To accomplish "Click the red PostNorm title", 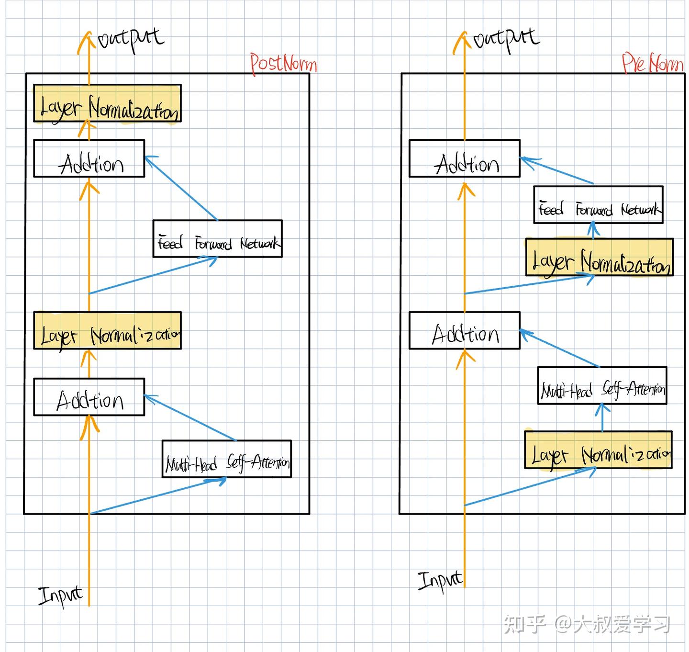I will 283,64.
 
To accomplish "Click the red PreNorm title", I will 652,63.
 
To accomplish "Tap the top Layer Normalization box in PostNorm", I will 107,103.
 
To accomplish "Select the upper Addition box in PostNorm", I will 89,158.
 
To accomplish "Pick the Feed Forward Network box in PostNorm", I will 217,239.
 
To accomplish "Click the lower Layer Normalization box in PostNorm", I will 107,331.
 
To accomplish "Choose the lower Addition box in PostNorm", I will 89,397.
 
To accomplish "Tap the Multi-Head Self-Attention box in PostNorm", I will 227,459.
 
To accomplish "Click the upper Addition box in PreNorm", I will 464,158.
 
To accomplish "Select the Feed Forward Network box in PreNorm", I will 598,205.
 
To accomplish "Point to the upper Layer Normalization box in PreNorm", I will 600,258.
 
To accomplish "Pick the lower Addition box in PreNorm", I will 464,331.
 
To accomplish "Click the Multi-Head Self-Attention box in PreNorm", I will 602,386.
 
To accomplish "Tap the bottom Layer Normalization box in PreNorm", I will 598,450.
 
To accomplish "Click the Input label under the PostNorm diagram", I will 60,596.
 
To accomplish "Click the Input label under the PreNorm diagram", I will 440,580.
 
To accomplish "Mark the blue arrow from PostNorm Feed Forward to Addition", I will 182,189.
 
